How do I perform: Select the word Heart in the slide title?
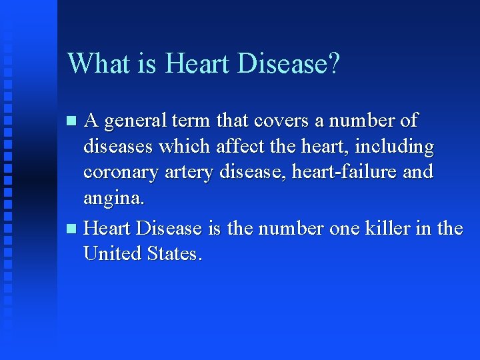(195, 64)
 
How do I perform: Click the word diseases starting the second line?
(115, 147)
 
